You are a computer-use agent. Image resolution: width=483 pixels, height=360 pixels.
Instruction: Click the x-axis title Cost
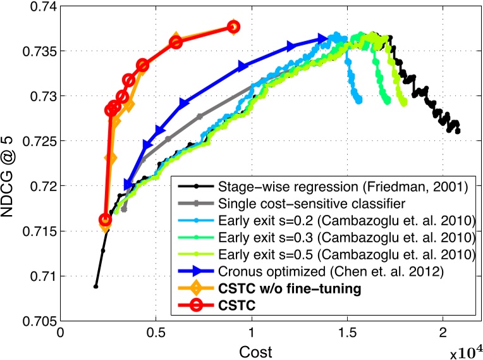tap(252, 350)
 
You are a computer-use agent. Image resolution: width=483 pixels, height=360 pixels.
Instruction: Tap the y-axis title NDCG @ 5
tap(11, 163)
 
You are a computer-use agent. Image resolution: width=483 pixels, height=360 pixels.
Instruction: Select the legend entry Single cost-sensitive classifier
tap(303, 204)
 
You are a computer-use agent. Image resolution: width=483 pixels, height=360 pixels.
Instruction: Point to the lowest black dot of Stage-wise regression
tap(96, 287)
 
